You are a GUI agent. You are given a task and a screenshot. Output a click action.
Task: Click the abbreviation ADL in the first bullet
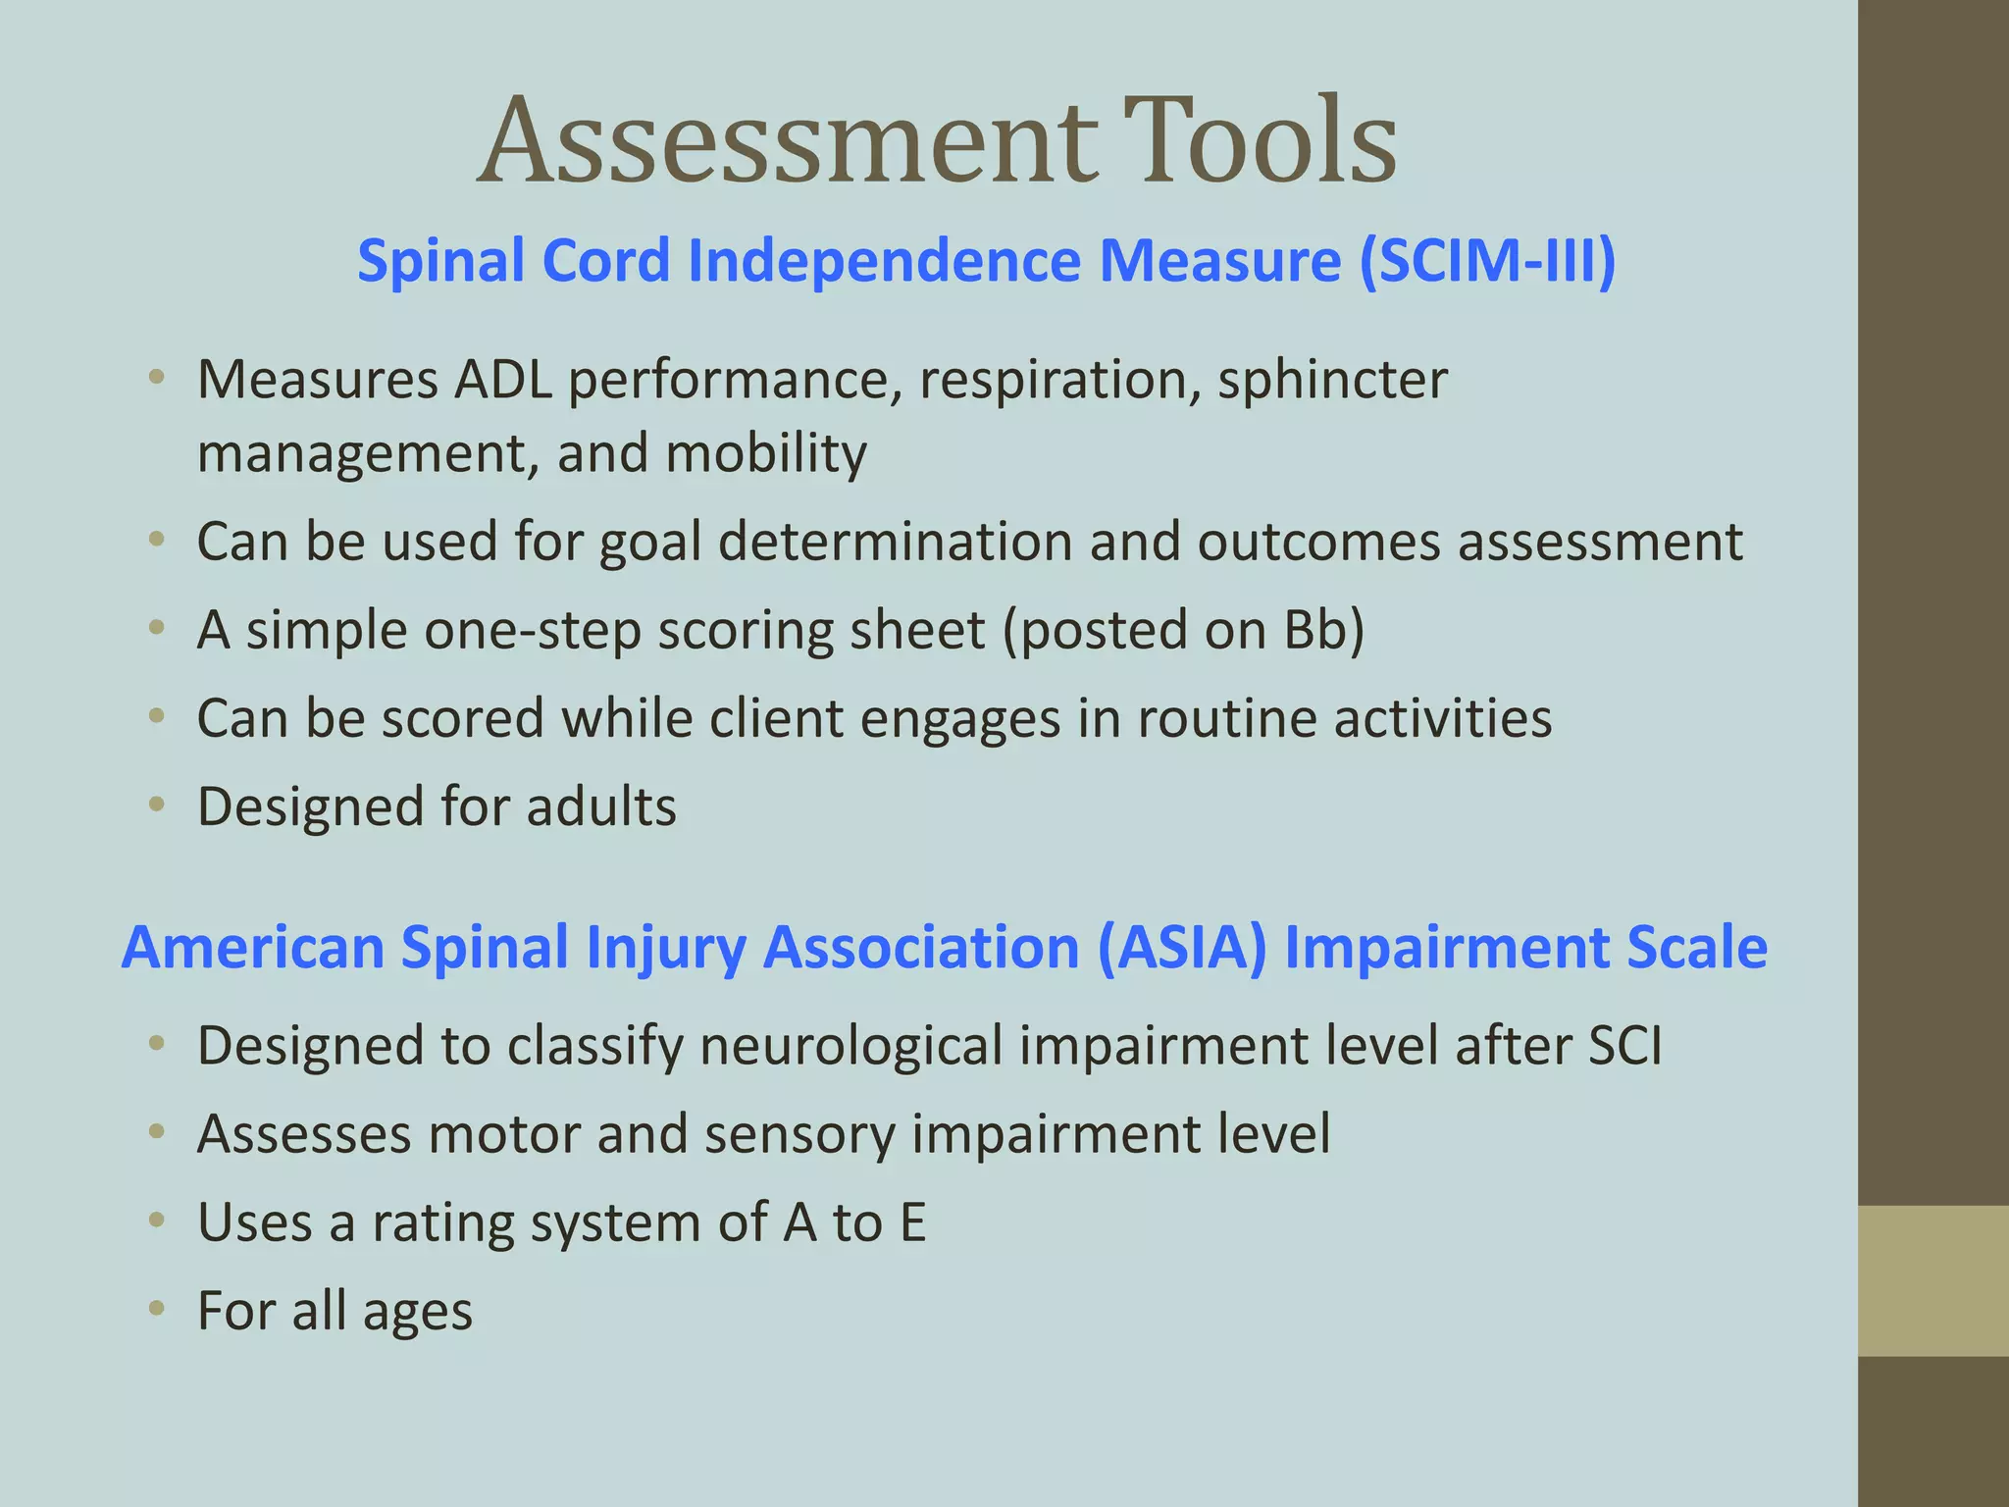coord(502,380)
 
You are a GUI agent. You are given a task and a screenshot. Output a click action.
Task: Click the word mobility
coord(766,453)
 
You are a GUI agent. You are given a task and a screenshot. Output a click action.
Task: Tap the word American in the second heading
coord(253,948)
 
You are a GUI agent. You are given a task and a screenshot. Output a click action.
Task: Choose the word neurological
coord(851,1046)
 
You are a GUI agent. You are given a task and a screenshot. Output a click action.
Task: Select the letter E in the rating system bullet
coord(912,1222)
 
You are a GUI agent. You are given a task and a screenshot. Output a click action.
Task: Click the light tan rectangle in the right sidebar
coord(1933,1280)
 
